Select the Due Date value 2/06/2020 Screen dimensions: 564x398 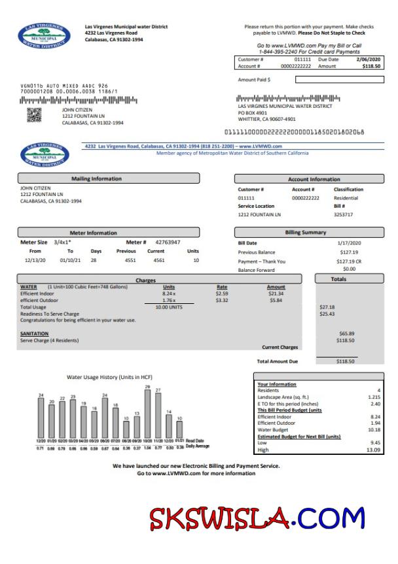coord(367,59)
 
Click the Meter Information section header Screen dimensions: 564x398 coord(93,233)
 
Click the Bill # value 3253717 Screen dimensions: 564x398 coord(343,214)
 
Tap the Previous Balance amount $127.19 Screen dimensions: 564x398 coord(348,252)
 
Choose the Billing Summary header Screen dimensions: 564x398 coord(305,233)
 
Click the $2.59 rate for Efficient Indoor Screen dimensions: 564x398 coord(222,293)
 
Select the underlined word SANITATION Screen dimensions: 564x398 coord(35,333)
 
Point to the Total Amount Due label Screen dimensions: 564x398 coord(277,361)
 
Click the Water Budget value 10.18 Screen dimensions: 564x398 coord(373,429)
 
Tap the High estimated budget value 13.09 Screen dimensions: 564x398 coord(373,450)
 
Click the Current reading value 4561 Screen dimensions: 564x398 coord(158,260)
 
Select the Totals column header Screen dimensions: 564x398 coord(338,279)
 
